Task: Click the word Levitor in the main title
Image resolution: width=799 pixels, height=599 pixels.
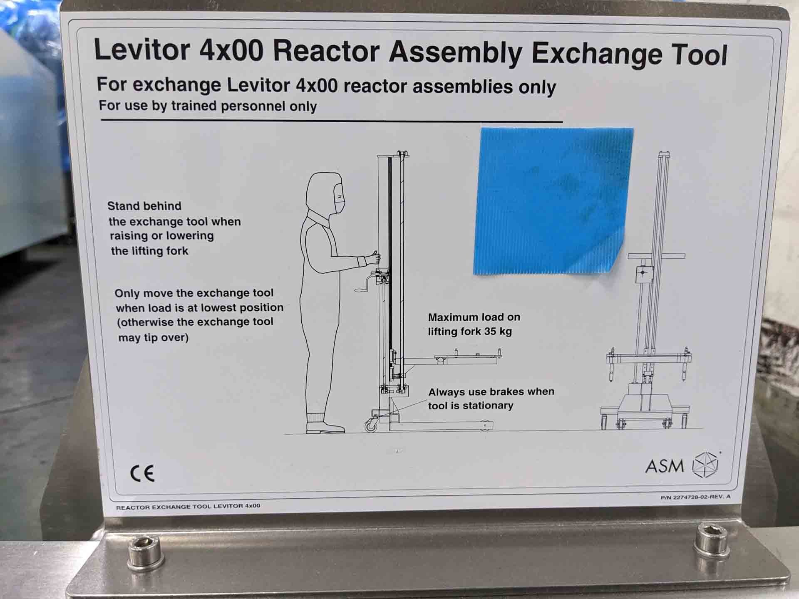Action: [x=142, y=50]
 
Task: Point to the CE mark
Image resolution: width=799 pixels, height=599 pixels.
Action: [x=142, y=473]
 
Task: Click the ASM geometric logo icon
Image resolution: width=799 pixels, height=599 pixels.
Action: [x=705, y=464]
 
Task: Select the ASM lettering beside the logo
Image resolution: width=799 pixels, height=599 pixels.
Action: [x=664, y=466]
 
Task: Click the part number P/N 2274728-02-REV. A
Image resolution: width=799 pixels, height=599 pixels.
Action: [x=695, y=497]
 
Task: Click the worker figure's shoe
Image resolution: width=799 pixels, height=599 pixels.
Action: [x=325, y=427]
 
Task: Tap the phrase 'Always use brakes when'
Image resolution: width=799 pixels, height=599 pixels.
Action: [x=491, y=392]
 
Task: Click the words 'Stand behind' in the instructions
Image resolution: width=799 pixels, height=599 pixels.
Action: [x=144, y=206]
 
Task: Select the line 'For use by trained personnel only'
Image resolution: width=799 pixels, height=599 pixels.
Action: [x=208, y=106]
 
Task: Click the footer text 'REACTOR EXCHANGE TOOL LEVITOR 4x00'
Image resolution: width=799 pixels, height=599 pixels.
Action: [x=188, y=506]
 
